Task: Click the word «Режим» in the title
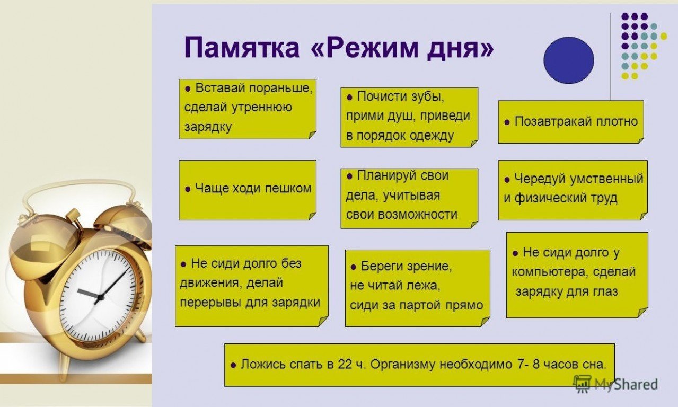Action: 366,48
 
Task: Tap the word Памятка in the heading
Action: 242,48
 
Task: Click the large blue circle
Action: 569,60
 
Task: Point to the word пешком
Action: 288,189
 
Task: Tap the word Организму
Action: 403,365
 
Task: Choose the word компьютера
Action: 550,272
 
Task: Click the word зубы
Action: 428,97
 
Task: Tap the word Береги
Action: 382,267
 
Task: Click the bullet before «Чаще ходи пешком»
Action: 188,189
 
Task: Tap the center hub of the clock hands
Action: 99,297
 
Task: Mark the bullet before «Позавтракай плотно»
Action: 507,122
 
